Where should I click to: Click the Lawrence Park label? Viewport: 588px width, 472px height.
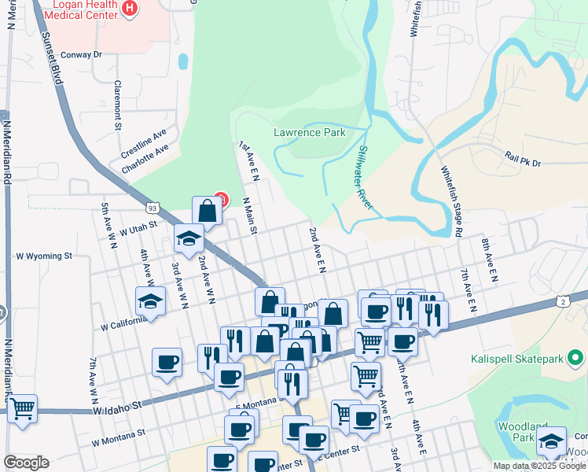[309, 132]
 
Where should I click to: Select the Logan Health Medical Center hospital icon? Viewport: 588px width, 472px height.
[130, 9]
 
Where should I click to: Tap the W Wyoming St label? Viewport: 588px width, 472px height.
[44, 256]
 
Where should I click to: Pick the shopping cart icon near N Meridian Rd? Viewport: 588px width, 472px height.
[22, 408]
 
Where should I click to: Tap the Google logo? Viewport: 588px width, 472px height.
[26, 463]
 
